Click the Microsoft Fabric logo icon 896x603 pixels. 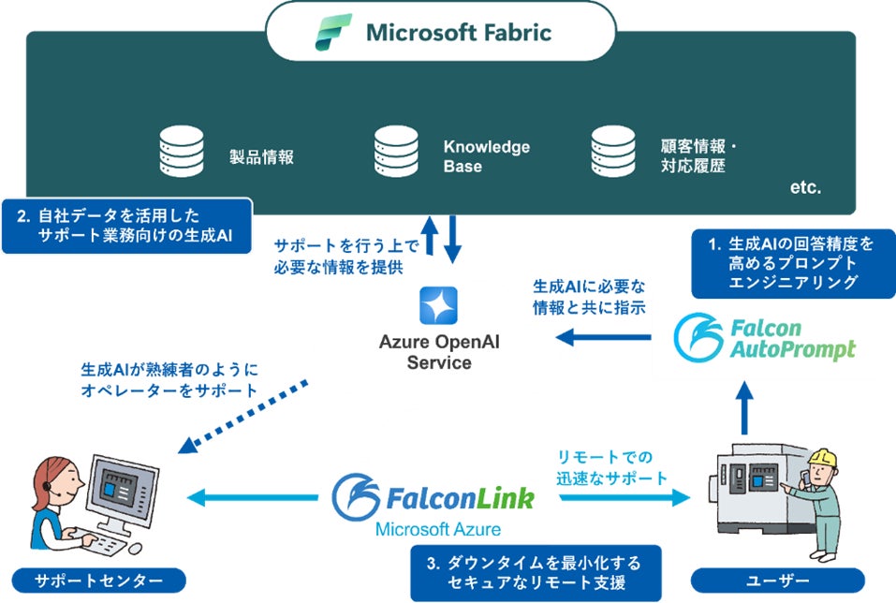pos(332,33)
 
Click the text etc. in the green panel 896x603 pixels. pos(804,187)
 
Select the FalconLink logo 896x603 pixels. pos(433,497)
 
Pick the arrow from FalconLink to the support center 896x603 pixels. pos(253,498)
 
